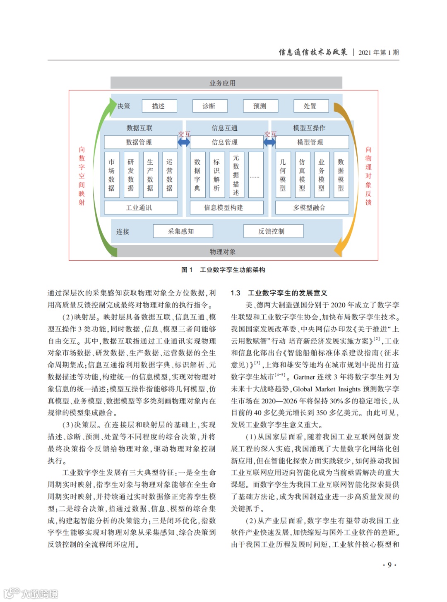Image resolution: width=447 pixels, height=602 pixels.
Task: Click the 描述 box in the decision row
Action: point(159,106)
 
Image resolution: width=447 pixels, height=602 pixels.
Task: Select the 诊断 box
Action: point(209,106)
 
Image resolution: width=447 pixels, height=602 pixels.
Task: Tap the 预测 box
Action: point(260,106)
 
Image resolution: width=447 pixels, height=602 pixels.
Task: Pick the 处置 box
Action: point(310,106)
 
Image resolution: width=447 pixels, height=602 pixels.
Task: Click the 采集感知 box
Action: point(183,231)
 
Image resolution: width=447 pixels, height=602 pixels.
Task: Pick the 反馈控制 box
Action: point(273,231)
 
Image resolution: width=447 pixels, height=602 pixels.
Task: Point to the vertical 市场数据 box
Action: point(111,175)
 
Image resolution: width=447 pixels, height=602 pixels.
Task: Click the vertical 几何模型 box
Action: point(283,175)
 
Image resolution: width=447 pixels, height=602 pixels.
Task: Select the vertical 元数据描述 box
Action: point(236,175)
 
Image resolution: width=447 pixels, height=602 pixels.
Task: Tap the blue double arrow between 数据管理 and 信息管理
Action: point(184,142)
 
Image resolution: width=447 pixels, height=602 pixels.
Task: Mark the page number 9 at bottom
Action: point(389,565)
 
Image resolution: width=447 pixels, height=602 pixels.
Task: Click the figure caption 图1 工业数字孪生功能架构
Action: point(223,270)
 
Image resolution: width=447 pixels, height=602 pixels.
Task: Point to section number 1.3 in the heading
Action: point(236,293)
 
